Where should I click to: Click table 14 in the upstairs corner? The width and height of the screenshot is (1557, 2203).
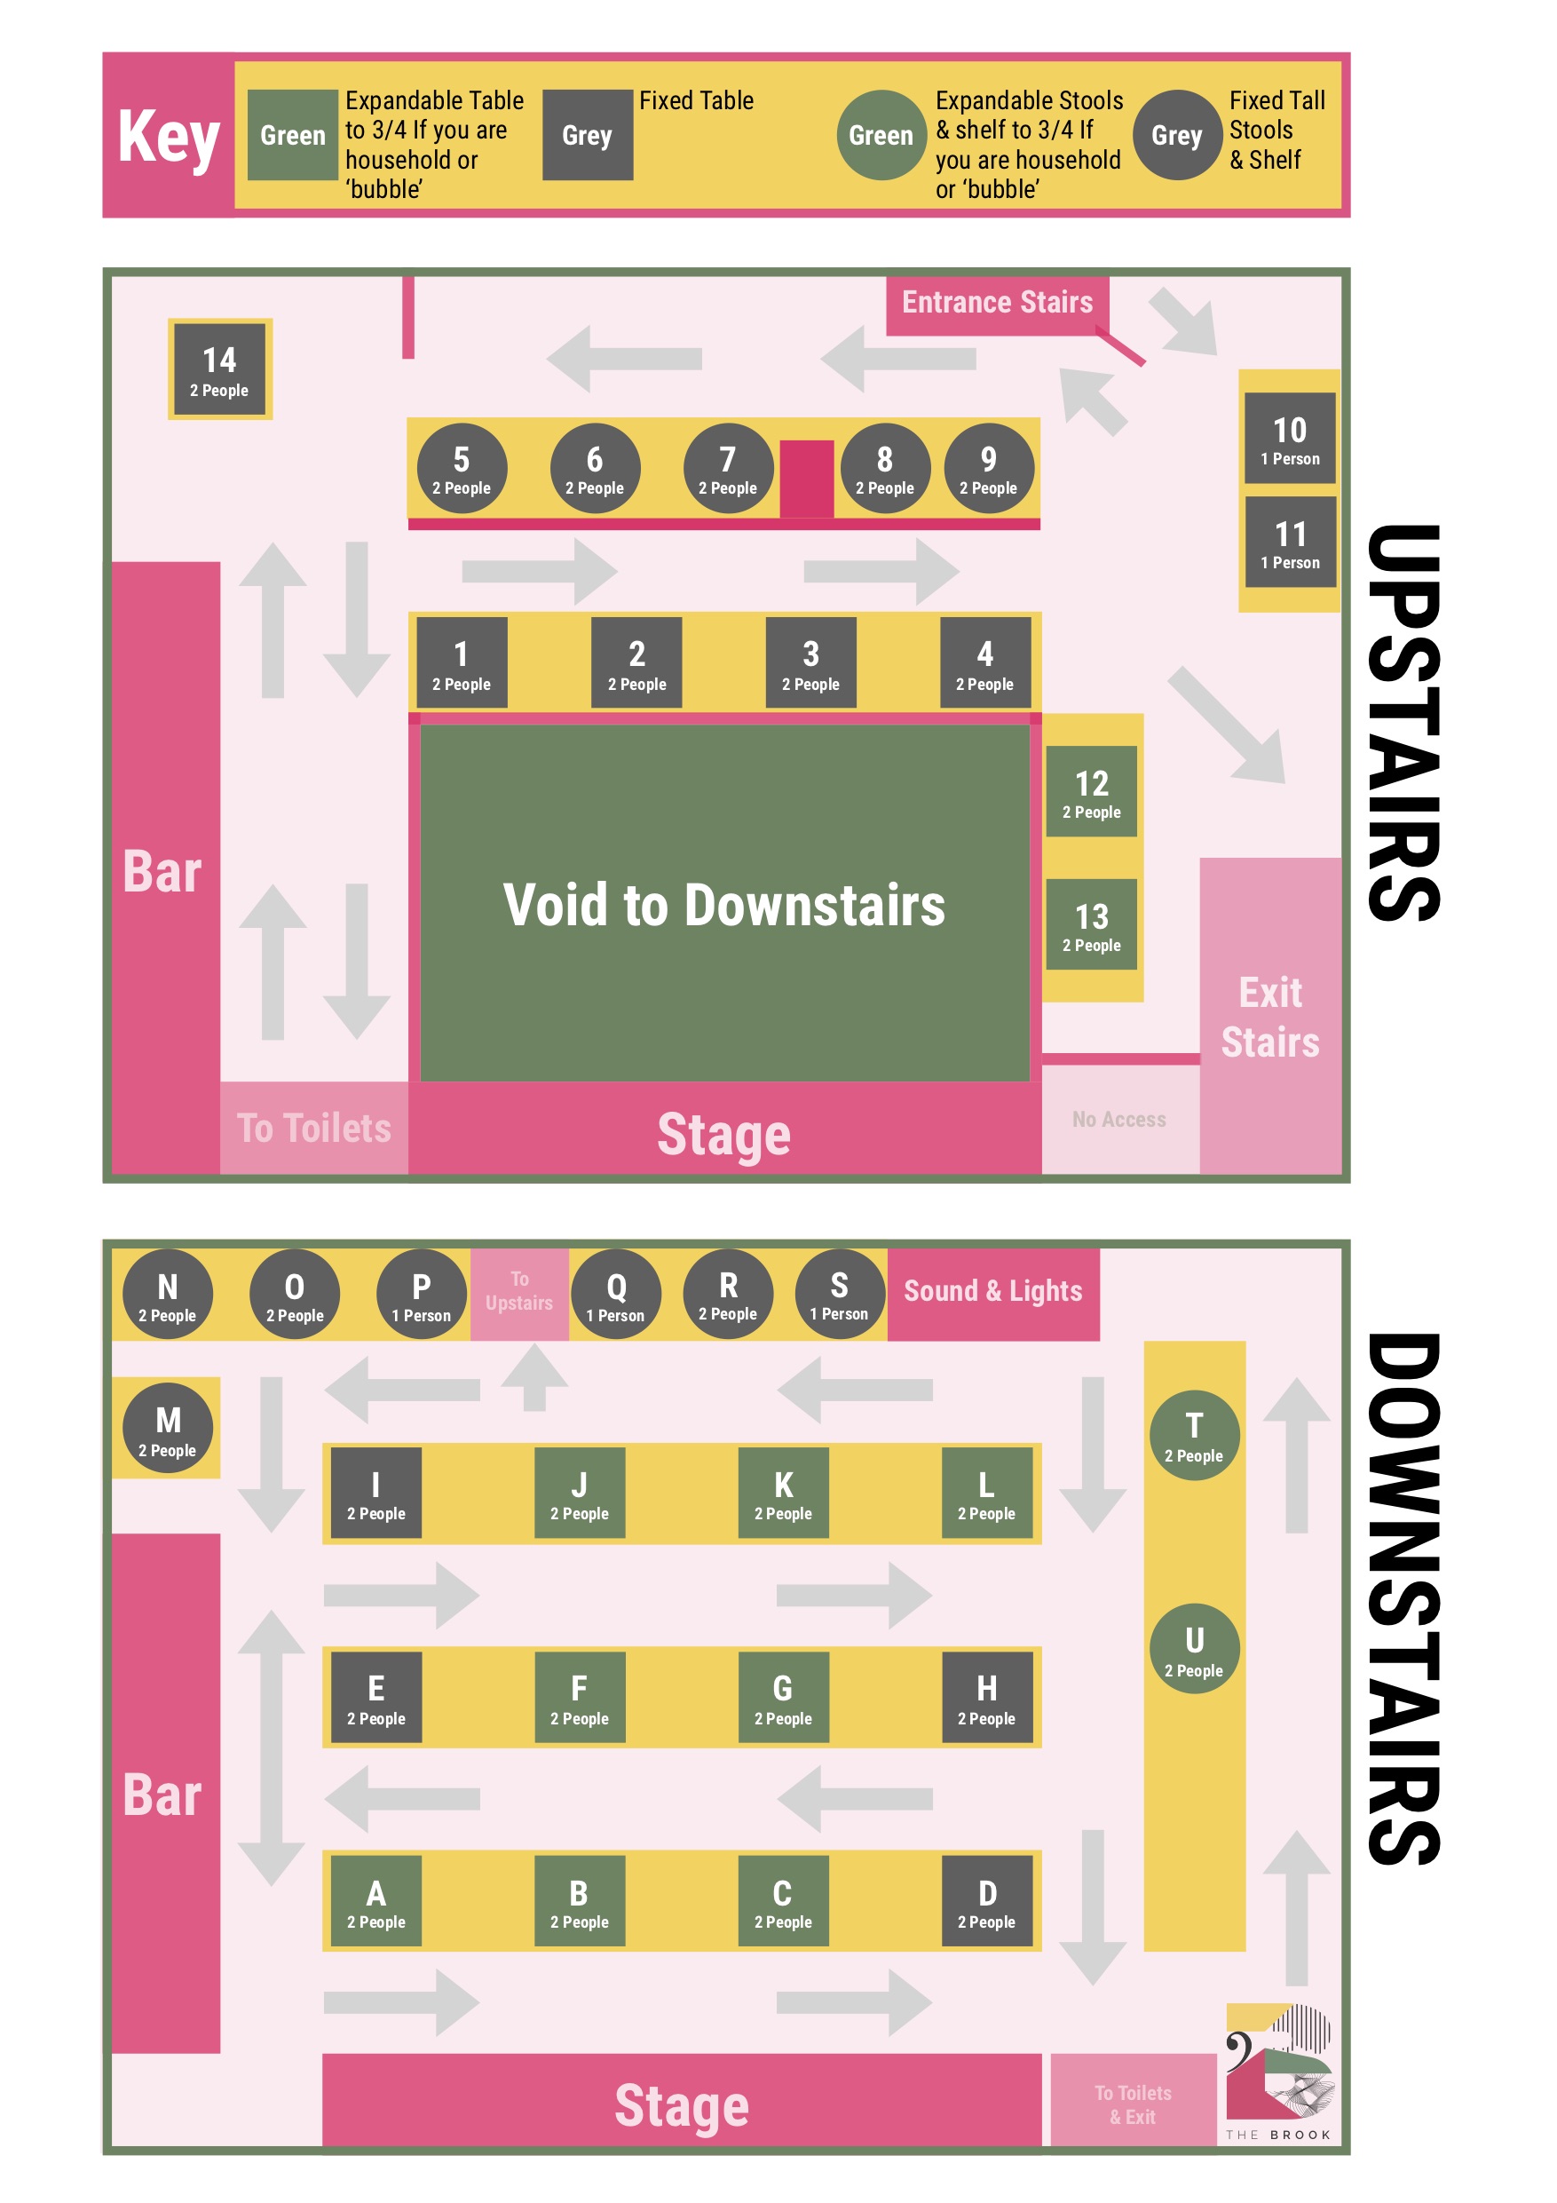(219, 369)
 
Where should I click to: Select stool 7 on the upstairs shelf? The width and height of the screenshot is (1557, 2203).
(728, 468)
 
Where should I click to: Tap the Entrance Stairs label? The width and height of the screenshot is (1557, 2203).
(997, 302)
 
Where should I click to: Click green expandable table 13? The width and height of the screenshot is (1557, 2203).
(1091, 924)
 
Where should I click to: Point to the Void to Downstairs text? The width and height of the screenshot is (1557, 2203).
(724, 904)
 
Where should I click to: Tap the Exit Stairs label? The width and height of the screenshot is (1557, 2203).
(1270, 1017)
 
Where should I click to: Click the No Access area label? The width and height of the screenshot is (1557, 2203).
(1118, 1120)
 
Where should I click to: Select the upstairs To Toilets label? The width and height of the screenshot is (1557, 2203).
(313, 1129)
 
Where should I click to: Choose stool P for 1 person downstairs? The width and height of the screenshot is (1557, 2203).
(421, 1295)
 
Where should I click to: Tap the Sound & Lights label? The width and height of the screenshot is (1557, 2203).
(993, 1291)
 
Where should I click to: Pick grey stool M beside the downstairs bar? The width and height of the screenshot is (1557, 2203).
(168, 1429)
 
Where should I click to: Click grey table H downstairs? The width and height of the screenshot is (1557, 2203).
(986, 1698)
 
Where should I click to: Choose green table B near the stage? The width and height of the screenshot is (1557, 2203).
(580, 1901)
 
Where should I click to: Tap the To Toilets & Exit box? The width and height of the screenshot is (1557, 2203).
(1133, 2104)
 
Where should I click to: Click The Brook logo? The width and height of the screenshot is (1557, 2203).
(1279, 2072)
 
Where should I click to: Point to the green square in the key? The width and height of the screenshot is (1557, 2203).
(293, 135)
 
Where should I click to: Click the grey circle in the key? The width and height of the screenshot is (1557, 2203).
(1177, 135)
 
